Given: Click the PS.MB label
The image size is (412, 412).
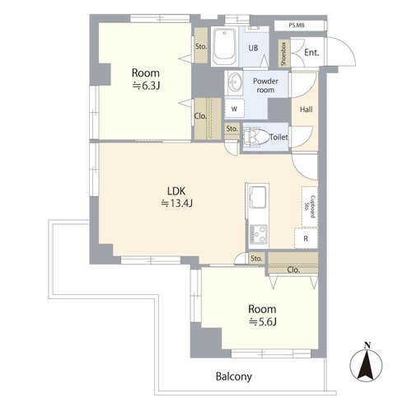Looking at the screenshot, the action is coord(297,26).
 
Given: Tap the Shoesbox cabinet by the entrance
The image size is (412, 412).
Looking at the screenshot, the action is coord(283,54).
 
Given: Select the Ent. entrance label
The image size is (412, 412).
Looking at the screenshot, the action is coord(311,52).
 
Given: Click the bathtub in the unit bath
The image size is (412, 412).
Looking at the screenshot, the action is coord(225,46).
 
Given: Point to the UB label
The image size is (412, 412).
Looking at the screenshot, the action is coord(253,48).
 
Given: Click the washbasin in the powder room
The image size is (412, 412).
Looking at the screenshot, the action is coord(233,82).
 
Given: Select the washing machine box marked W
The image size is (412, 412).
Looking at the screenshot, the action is coord(234,109).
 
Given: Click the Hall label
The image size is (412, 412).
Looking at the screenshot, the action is coord(306,110).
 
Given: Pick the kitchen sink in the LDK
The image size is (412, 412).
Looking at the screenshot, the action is coord(257,198).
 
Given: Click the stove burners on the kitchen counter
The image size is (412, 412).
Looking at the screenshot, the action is coord(258,234).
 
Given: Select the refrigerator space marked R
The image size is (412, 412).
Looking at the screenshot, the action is coord(306,238).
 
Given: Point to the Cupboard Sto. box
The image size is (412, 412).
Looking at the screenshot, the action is coord(310,207).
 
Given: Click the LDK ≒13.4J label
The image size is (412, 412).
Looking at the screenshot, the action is coord(176,197).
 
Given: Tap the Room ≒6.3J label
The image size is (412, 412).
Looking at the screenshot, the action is coord(146,79).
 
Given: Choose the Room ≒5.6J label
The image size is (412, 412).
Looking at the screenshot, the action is coord(262,315).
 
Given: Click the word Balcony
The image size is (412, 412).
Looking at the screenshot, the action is coord(234,377).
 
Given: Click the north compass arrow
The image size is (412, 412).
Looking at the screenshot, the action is coord(366,362).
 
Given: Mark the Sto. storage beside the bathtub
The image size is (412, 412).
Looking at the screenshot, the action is coord(201,45).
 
